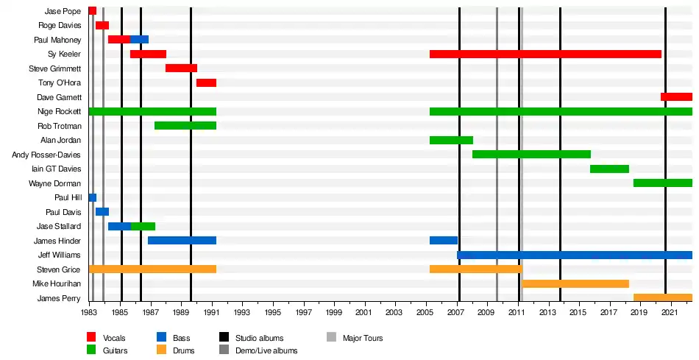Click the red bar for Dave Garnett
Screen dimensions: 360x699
tap(676, 97)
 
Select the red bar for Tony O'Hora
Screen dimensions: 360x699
tap(206, 82)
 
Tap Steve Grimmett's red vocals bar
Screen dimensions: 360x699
tap(181, 68)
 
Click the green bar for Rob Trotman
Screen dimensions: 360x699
tap(185, 126)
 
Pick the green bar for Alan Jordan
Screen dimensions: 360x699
tap(451, 140)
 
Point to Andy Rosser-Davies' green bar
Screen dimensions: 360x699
tap(531, 155)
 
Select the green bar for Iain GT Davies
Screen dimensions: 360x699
tap(609, 169)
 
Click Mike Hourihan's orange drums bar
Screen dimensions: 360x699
tap(575, 283)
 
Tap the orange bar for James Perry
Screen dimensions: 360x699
tap(662, 298)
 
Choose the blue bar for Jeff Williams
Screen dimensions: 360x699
tap(574, 255)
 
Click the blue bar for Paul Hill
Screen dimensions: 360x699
tap(93, 197)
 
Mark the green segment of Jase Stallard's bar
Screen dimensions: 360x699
tap(143, 226)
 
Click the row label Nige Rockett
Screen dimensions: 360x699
tap(59, 111)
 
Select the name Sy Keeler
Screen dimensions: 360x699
tap(64, 54)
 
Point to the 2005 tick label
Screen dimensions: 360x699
tap(427, 314)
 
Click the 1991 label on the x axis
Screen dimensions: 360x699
tap(213, 314)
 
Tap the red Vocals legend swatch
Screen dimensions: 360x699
tap(92, 338)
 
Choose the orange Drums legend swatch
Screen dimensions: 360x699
tap(161, 350)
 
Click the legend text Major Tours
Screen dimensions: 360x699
tap(363, 338)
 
